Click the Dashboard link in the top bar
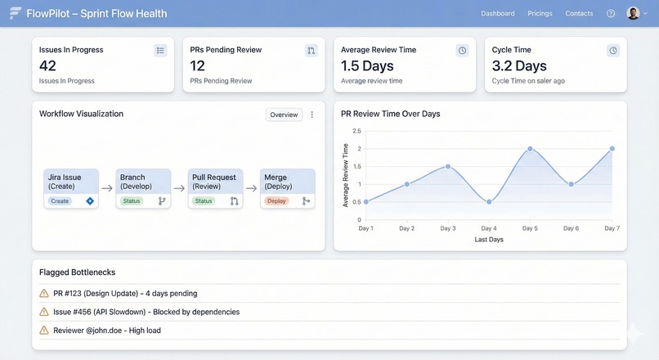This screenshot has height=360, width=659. tap(497, 13)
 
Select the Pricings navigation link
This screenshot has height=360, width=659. tap(540, 13)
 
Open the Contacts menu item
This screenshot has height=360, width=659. tap(579, 13)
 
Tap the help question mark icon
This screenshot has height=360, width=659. tap(611, 13)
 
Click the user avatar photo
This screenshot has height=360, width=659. tap(633, 13)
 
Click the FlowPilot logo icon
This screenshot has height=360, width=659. tap(15, 13)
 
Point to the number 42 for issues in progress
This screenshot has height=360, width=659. tap(47, 65)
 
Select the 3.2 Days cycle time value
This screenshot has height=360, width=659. tap(519, 65)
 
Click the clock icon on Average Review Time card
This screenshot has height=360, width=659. tap(462, 51)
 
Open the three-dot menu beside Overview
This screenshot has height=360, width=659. tap(312, 115)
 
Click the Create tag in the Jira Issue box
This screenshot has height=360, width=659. tap(60, 200)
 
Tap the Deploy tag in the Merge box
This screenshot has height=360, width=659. tap(276, 200)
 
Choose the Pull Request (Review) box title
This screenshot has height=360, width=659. tap(214, 181)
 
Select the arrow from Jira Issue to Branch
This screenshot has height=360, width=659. tap(107, 188)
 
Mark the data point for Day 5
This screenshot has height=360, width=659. tap(530, 149)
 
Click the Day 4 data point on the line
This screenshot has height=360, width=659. tap(489, 202)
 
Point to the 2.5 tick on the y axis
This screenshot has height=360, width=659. tap(356, 131)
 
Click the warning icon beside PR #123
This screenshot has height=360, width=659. tap(44, 293)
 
